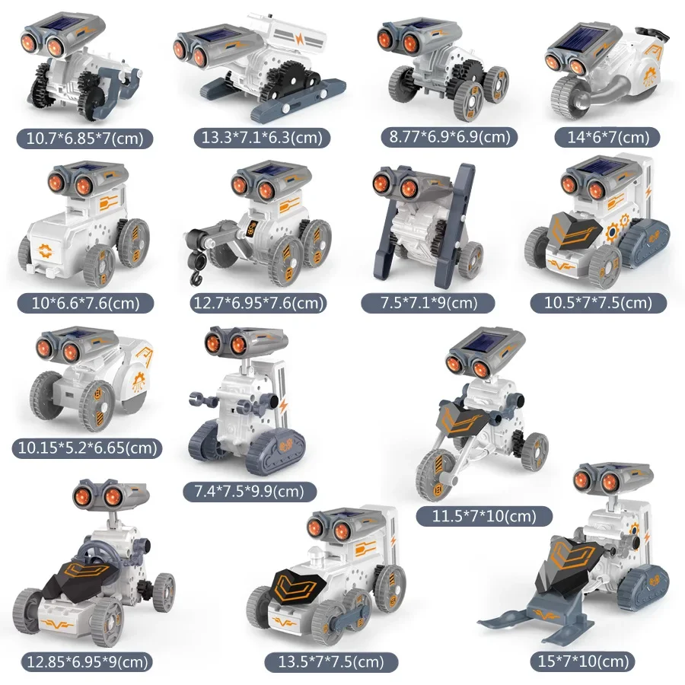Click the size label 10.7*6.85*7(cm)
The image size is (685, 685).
coord(86,139)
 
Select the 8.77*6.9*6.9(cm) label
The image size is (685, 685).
coord(449,137)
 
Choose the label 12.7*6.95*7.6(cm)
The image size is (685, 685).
coord(259,303)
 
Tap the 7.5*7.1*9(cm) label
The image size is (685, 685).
coord(429,303)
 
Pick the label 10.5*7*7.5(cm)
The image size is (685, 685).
coord(597,303)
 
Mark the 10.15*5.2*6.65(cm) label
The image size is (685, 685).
coord(87,448)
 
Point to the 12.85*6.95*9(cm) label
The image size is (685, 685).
coord(85,661)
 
